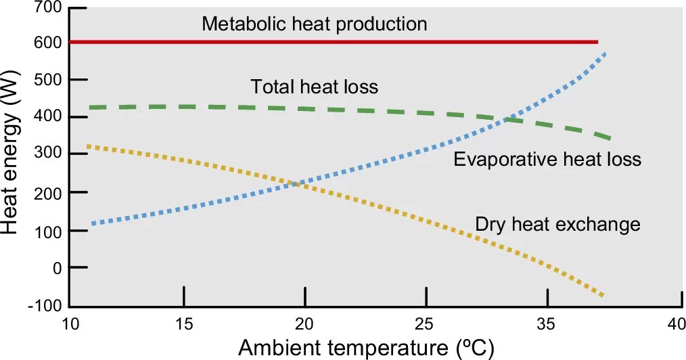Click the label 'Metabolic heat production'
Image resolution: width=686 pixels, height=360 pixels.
[315, 24]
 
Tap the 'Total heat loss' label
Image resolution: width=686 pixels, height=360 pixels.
[314, 87]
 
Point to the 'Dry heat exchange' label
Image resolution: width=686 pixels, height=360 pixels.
[557, 223]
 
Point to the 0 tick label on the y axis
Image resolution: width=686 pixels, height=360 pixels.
[56, 268]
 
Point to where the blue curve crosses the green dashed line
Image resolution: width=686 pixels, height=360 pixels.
[506, 120]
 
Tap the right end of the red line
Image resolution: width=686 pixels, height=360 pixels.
[597, 42]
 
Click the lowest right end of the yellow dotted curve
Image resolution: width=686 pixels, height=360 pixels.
[601, 295]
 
